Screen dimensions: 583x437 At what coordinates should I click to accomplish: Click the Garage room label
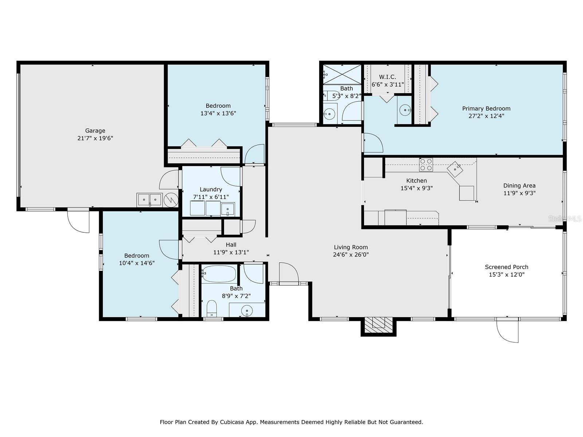pyautogui.click(x=95, y=130)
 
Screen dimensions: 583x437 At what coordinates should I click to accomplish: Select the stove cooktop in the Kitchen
pyautogui.click(x=426, y=165)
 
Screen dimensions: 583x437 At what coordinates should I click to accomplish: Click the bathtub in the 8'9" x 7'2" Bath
pyautogui.click(x=219, y=273)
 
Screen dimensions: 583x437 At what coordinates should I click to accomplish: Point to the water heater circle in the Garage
pyautogui.click(x=171, y=200)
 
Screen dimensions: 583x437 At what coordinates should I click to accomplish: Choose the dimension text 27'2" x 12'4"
pyautogui.click(x=486, y=116)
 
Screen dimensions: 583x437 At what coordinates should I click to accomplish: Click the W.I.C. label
pyautogui.click(x=388, y=77)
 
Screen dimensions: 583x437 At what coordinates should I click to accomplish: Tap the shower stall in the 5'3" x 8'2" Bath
pyautogui.click(x=342, y=75)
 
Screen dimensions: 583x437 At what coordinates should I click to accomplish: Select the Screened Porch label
pyautogui.click(x=506, y=267)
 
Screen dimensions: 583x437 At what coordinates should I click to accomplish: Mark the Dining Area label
pyautogui.click(x=519, y=185)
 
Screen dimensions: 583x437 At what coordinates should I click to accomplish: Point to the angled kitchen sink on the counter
pyautogui.click(x=455, y=169)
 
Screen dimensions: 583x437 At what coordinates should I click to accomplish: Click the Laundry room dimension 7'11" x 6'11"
pyautogui.click(x=211, y=197)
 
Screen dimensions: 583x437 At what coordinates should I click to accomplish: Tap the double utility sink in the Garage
pyautogui.click(x=149, y=200)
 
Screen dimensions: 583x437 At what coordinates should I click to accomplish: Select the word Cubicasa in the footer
pyautogui.click(x=231, y=422)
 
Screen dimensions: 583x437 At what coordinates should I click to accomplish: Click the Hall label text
pyautogui.click(x=231, y=245)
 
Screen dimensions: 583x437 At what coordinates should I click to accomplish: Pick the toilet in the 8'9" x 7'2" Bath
pyautogui.click(x=212, y=308)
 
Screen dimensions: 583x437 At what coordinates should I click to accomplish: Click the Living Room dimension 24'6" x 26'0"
pyautogui.click(x=351, y=255)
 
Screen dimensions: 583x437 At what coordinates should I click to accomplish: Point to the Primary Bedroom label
pyautogui.click(x=486, y=109)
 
